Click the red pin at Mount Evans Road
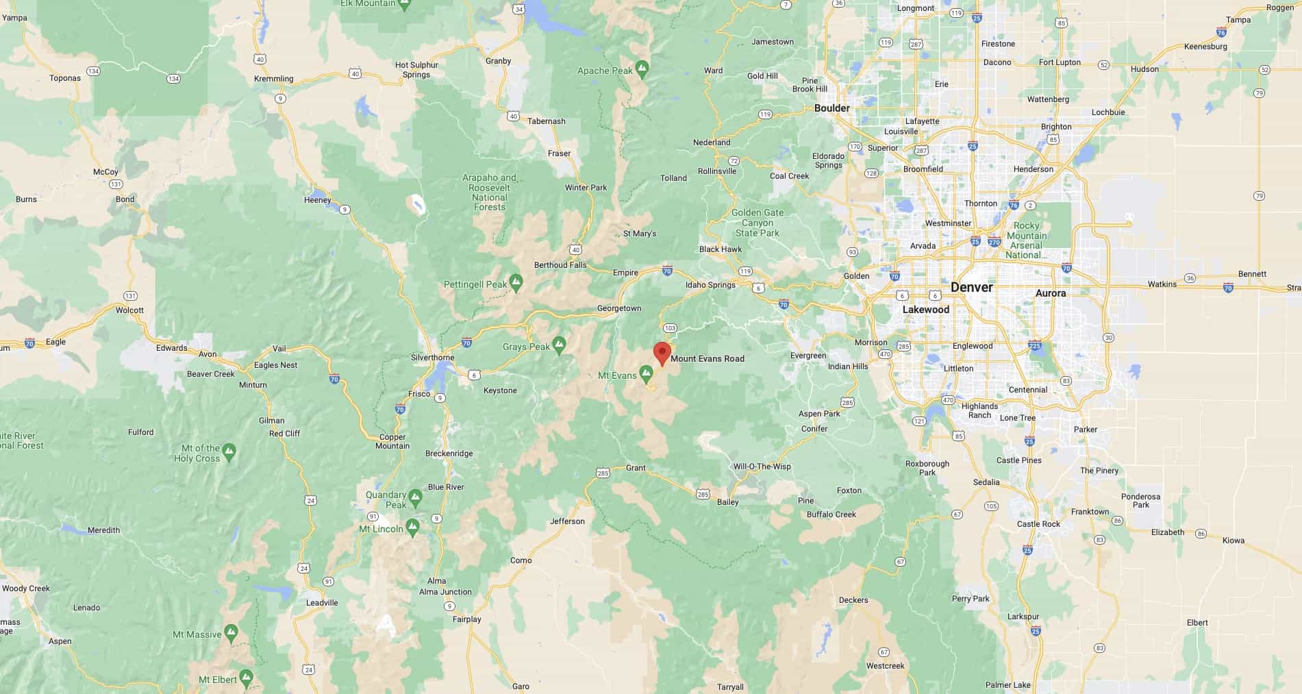(662, 353)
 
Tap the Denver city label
(971, 288)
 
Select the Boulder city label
(831, 108)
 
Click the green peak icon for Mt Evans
(646, 373)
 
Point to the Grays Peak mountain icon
(559, 345)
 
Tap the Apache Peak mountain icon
(642, 69)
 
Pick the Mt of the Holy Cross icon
(229, 451)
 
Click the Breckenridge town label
(449, 454)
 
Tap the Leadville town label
(322, 603)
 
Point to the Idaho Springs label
(710, 285)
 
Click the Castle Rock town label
(1038, 524)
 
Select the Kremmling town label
(273, 79)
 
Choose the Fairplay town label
(466, 619)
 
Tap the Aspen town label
(60, 641)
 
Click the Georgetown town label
(619, 308)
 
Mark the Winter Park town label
(586, 188)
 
